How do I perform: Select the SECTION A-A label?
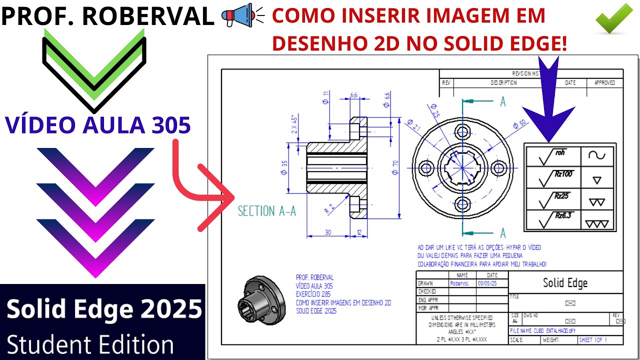(266, 211)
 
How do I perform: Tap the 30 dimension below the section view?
(327, 232)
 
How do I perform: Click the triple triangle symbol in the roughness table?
(597, 223)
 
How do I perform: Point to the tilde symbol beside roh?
(596, 155)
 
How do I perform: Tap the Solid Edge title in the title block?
(565, 283)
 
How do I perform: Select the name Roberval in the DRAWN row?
(459, 283)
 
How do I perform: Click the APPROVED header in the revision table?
(604, 82)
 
